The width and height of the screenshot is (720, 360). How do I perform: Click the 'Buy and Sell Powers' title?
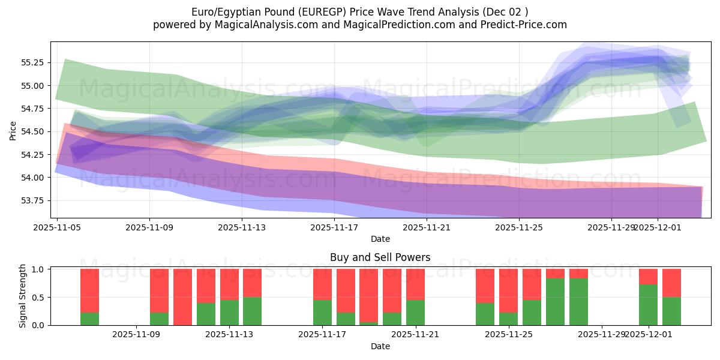380,257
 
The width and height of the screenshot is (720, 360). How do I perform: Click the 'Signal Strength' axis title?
22,296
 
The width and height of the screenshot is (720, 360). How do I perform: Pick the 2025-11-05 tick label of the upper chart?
57,227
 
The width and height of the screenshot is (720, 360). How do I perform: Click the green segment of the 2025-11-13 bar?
229,312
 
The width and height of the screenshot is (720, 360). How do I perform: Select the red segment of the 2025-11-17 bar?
322,284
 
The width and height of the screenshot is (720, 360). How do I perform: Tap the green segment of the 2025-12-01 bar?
648,305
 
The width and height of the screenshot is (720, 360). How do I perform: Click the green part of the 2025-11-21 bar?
415,312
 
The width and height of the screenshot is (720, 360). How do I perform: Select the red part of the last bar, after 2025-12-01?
671,283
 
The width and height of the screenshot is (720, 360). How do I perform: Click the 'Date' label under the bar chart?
380,346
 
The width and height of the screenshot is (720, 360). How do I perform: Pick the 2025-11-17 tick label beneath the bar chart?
322,334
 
